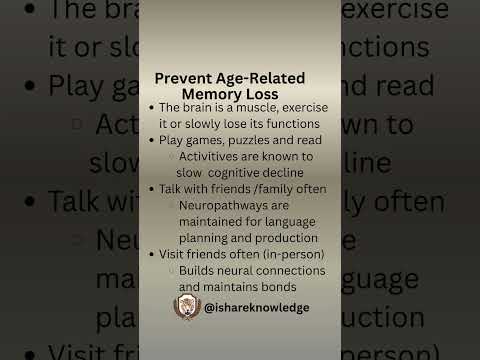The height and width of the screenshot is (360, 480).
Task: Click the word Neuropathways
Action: click(225, 205)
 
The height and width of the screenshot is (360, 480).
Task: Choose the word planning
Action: click(206, 237)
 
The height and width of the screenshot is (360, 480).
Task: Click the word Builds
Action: click(197, 270)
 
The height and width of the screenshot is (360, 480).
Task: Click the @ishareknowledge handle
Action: click(256, 308)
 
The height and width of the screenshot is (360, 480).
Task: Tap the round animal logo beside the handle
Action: click(187, 308)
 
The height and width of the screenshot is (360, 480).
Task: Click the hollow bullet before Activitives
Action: click(172, 156)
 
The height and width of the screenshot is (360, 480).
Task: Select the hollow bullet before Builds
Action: click(172, 270)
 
